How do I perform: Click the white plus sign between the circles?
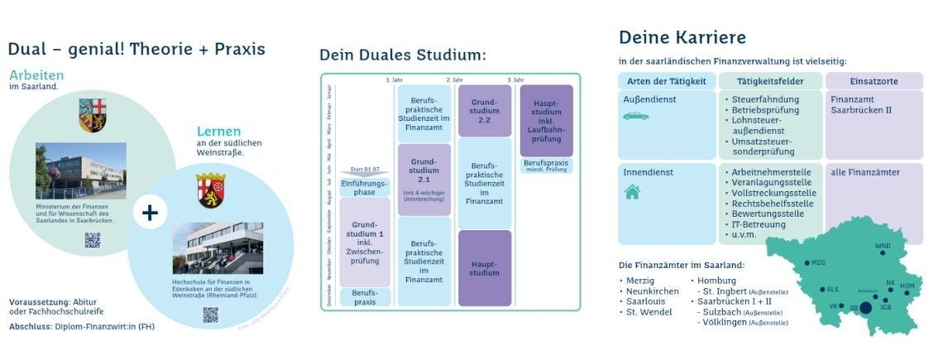pos(149,213)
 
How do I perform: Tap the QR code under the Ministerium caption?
pos(92,240)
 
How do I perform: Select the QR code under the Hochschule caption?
pos(210,314)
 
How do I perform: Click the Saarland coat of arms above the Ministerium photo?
pos(93,116)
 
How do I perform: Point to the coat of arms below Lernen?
pos(211,190)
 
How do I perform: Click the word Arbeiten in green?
pos(36,75)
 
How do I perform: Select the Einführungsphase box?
pos(365,187)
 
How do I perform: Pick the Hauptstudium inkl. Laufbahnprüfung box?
pos(546,121)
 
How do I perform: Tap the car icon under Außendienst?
pos(635,116)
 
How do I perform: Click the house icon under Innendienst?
pos(632,192)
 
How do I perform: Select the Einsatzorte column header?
pos(874,81)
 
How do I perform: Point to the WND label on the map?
pos(883,246)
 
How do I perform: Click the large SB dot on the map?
pos(865,308)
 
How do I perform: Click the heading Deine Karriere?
pos(682,37)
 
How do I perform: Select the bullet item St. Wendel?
pos(649,312)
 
